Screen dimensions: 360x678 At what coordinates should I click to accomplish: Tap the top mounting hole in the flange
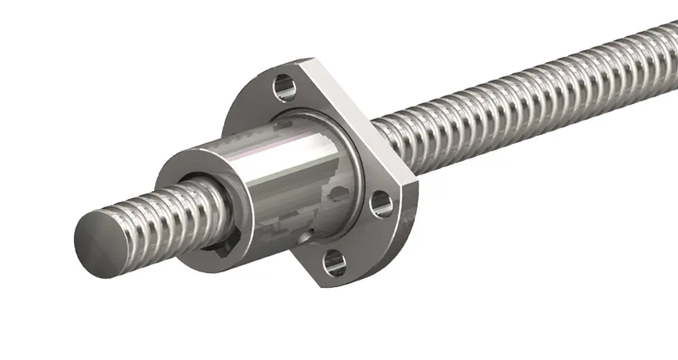pos(284,88)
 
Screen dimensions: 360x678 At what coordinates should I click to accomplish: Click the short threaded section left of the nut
pos(152,215)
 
